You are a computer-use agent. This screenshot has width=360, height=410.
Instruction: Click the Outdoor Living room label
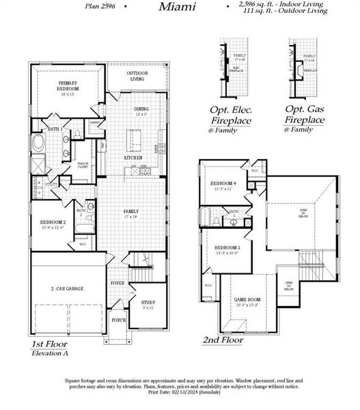pos(141,76)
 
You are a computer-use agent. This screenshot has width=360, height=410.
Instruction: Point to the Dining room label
pos(141,109)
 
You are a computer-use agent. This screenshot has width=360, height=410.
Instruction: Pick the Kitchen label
pos(133,158)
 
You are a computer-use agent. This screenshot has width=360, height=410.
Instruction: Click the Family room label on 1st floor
pos(130,213)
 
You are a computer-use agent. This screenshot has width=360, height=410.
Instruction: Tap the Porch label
pos(118,320)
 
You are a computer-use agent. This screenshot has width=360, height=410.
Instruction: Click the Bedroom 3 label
pos(227,249)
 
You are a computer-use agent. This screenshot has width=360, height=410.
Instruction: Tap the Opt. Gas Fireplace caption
pos(304,114)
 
